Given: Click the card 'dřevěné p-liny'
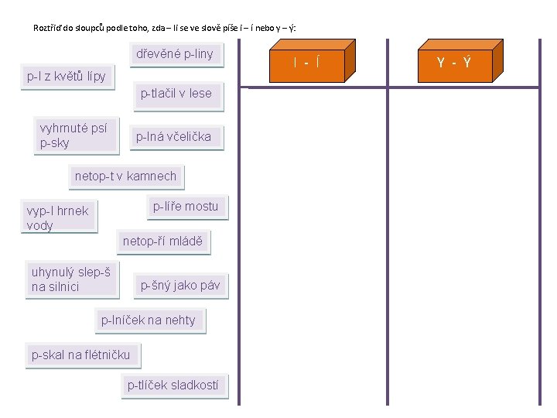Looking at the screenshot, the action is [x=174, y=54].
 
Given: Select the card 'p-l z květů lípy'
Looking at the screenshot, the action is [x=67, y=77].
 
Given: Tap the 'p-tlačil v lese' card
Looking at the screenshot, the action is [x=176, y=94].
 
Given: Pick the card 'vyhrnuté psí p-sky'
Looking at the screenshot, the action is [x=73, y=135].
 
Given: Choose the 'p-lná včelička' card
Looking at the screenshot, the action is [x=173, y=137].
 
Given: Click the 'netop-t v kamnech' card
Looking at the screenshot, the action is [x=125, y=176].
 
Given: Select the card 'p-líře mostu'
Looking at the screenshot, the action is [x=186, y=207].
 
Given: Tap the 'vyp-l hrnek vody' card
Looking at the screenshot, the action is [x=59, y=218].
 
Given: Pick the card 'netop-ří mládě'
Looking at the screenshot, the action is [x=162, y=242].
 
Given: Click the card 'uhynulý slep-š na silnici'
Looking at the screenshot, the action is [x=70, y=279].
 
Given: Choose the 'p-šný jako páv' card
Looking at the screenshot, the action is [x=179, y=286].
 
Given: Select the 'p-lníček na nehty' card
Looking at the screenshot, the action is [x=149, y=320].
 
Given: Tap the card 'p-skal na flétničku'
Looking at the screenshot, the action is [x=81, y=355].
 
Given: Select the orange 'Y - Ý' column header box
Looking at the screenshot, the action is [x=455, y=62].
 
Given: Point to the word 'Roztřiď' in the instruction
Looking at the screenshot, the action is [x=49, y=28].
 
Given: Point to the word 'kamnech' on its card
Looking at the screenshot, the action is [x=151, y=176].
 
